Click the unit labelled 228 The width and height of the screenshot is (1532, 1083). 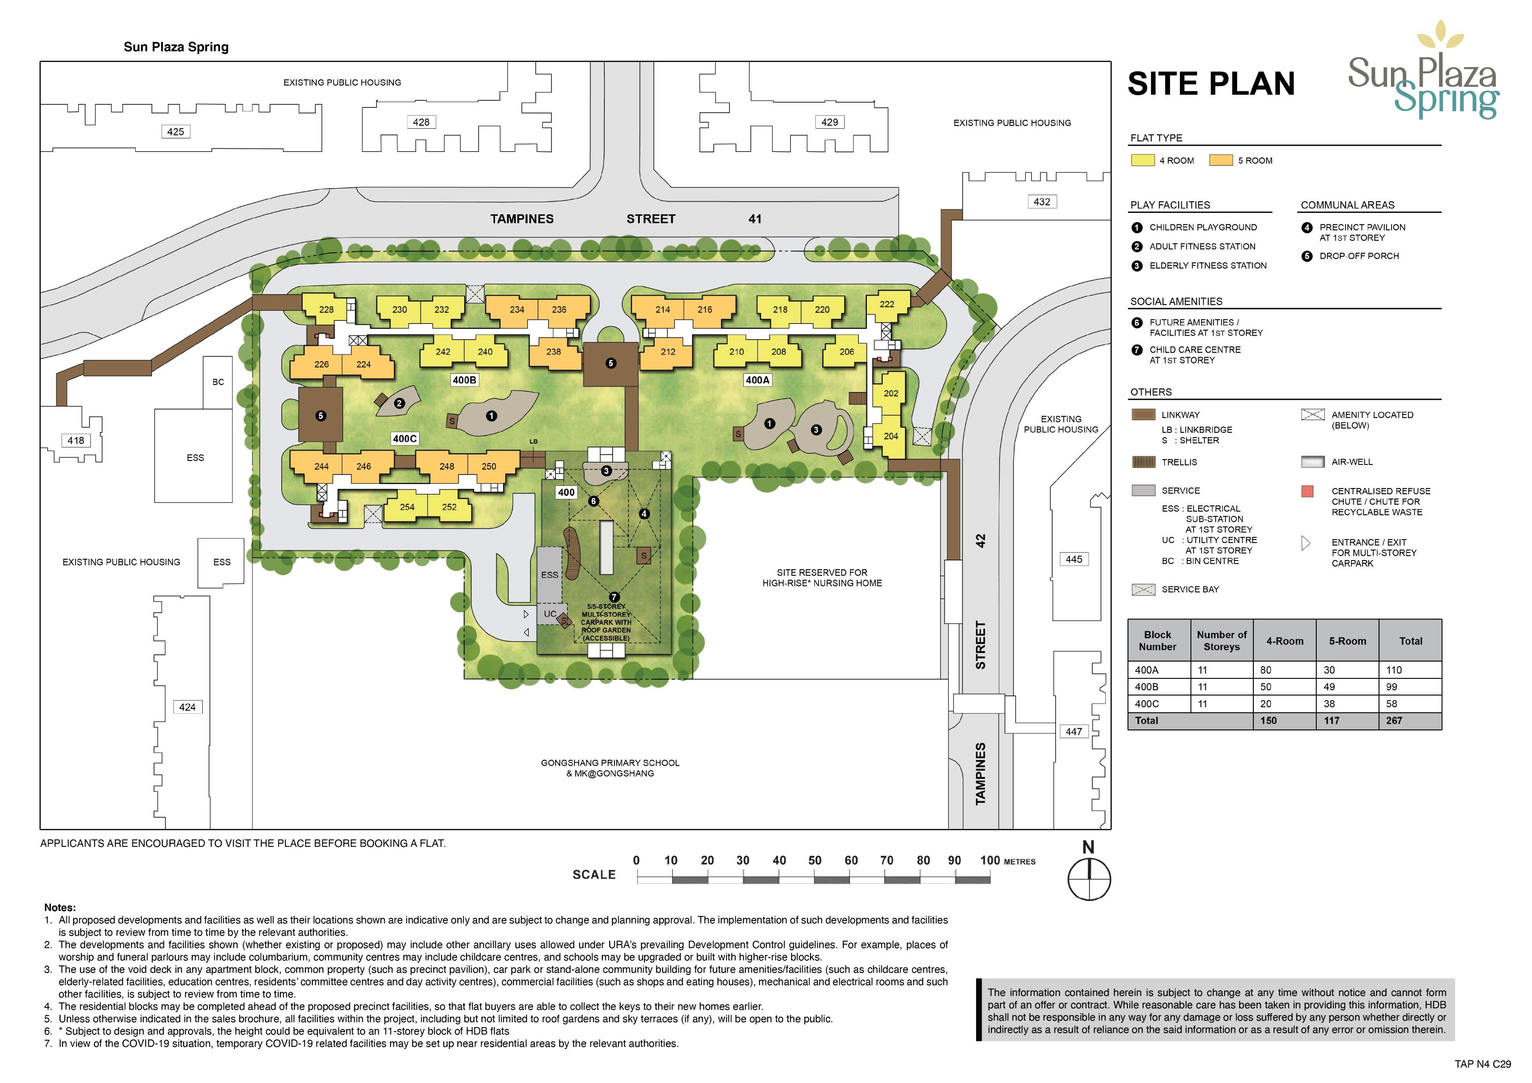pos(326,309)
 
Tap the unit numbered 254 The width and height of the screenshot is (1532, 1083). pos(407,507)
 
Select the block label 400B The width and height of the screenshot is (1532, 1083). pos(464,380)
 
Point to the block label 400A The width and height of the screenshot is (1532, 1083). pos(757,380)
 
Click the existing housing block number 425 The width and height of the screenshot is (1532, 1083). pos(176,132)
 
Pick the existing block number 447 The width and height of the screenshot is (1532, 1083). pos(1073,732)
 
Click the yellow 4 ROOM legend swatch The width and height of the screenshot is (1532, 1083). pos(1143,160)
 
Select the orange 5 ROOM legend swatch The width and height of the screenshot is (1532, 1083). pos(1221,160)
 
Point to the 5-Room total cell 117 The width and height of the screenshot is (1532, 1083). pos(1332,721)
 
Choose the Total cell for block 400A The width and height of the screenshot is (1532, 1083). pos(1394,670)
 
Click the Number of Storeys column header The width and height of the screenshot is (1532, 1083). pos(1222,641)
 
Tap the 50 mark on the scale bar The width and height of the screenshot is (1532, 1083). pos(815,860)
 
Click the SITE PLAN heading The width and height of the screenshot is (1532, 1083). pos(1211,84)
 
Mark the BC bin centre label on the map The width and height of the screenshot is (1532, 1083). pos(218,382)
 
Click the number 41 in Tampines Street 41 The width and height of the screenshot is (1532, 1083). pos(755,219)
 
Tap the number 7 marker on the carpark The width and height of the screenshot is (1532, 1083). pos(614,597)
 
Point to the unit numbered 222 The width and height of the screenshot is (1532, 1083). pos(887,304)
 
